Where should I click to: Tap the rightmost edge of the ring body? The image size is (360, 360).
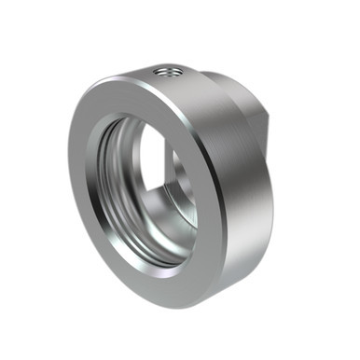276,187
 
